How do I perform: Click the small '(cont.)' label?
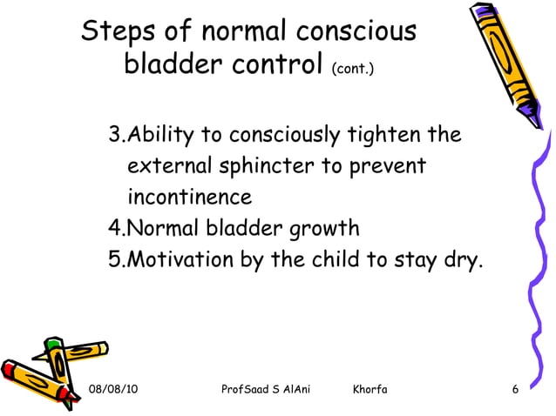click(x=353, y=67)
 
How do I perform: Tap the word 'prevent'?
click(x=387, y=166)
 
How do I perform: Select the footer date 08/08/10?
click(x=113, y=388)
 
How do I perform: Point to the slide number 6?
click(x=516, y=388)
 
